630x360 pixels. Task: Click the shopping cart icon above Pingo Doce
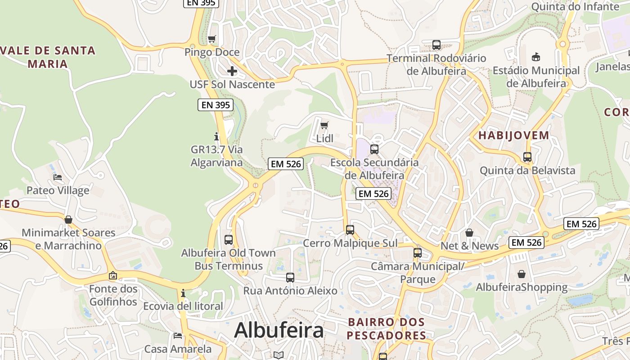(212, 39)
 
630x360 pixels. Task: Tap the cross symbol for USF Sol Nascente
(232, 71)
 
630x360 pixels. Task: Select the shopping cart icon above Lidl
(324, 126)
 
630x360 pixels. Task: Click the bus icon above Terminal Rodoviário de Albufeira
(436, 45)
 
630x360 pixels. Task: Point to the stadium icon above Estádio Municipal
(536, 57)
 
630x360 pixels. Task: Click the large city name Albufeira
(279, 330)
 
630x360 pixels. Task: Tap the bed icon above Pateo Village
(58, 177)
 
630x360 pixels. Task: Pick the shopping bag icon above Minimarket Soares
(68, 220)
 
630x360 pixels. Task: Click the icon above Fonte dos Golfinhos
(112, 275)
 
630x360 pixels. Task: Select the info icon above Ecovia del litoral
(183, 293)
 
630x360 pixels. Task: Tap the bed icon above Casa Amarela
(178, 336)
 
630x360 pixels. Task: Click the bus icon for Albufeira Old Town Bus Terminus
(229, 239)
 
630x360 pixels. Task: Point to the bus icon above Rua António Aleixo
(290, 278)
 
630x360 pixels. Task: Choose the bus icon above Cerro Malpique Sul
(350, 230)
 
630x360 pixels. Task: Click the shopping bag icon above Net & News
(469, 233)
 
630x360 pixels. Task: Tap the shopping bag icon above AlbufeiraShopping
(521, 274)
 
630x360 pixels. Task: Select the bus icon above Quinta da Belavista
(527, 157)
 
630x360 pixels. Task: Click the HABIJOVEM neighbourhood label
(513, 135)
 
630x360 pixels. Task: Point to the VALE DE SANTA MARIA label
(48, 57)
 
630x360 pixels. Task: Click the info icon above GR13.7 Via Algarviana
(216, 136)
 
